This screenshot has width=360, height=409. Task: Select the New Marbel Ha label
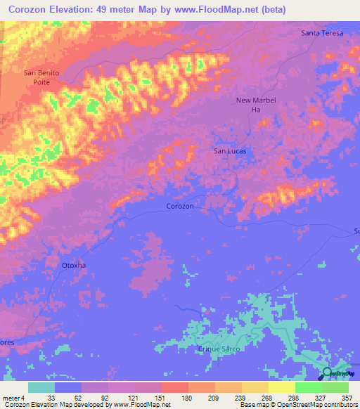[x=256, y=105]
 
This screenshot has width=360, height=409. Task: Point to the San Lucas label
[x=229, y=150]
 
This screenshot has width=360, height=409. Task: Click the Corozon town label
[x=180, y=206]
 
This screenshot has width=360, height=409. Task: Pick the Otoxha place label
[x=74, y=266]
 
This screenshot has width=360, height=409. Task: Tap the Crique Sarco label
[x=219, y=349]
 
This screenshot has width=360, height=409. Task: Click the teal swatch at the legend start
[x=41, y=387]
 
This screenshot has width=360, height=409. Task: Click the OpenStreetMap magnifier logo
[x=327, y=372]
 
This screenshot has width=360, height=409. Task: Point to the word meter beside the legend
[x=10, y=397]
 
